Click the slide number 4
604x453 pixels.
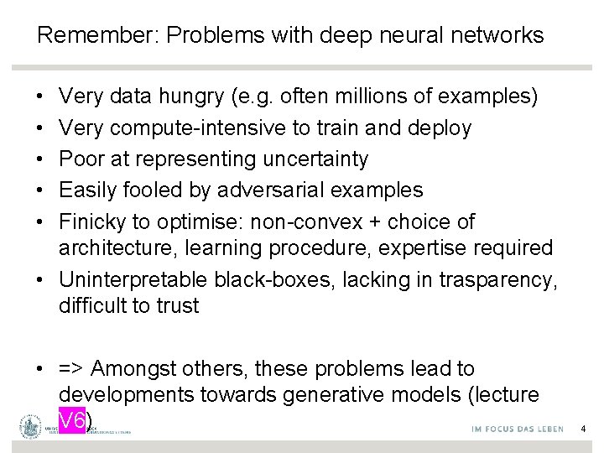pos(584,429)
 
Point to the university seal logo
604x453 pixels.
pos(31,428)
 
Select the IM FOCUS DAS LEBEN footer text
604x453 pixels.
pos(507,429)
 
